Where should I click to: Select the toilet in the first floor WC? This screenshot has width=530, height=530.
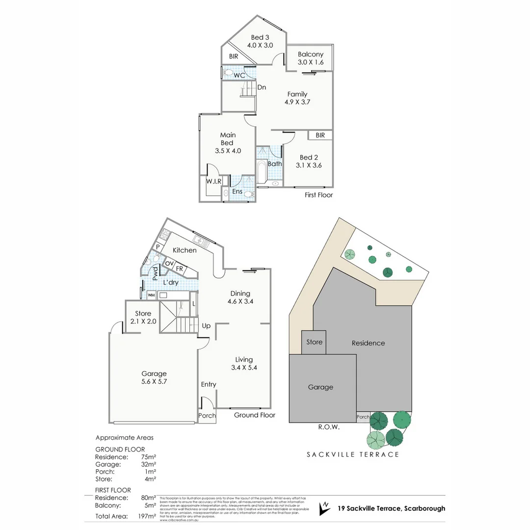point(228,73)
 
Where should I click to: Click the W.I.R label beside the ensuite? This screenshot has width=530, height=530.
point(214,182)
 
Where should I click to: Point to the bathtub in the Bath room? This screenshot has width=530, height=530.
point(261,172)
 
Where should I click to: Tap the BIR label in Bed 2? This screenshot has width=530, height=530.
point(320,135)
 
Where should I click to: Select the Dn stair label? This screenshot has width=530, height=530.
point(262,87)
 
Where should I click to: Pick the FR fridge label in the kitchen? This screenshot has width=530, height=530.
point(180,269)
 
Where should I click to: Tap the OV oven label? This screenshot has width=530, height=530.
point(169,264)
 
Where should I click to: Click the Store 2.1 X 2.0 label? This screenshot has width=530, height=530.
point(143,317)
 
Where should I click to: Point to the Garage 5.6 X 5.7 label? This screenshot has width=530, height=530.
point(154,377)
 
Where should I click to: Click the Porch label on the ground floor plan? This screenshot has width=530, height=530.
point(207,415)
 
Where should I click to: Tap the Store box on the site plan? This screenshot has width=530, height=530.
point(314,342)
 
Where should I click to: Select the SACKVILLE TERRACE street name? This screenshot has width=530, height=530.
point(353,454)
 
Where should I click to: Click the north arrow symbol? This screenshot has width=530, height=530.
point(324,508)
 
